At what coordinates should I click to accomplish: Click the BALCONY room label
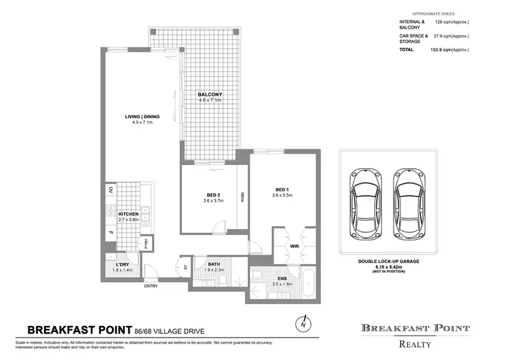coord(210,94)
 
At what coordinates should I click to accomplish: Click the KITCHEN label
coord(128,214)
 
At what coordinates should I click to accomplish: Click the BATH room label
coord(214,265)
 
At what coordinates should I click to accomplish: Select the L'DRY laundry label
coord(122,264)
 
